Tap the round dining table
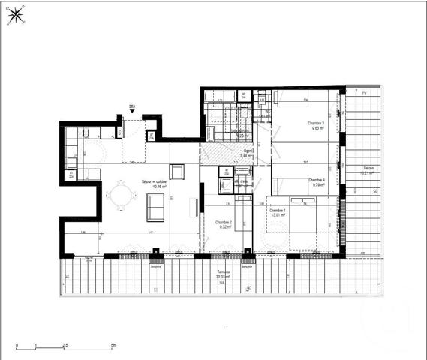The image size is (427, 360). tap(120, 197)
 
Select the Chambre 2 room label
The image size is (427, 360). tap(224, 223)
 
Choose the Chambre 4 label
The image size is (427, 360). tap(317, 181)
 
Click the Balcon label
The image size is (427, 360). tap(368, 169)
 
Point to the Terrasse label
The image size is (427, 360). tap(223, 273)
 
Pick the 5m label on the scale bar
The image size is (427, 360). tap(113, 345)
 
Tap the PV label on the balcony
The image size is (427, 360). tap(364, 92)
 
